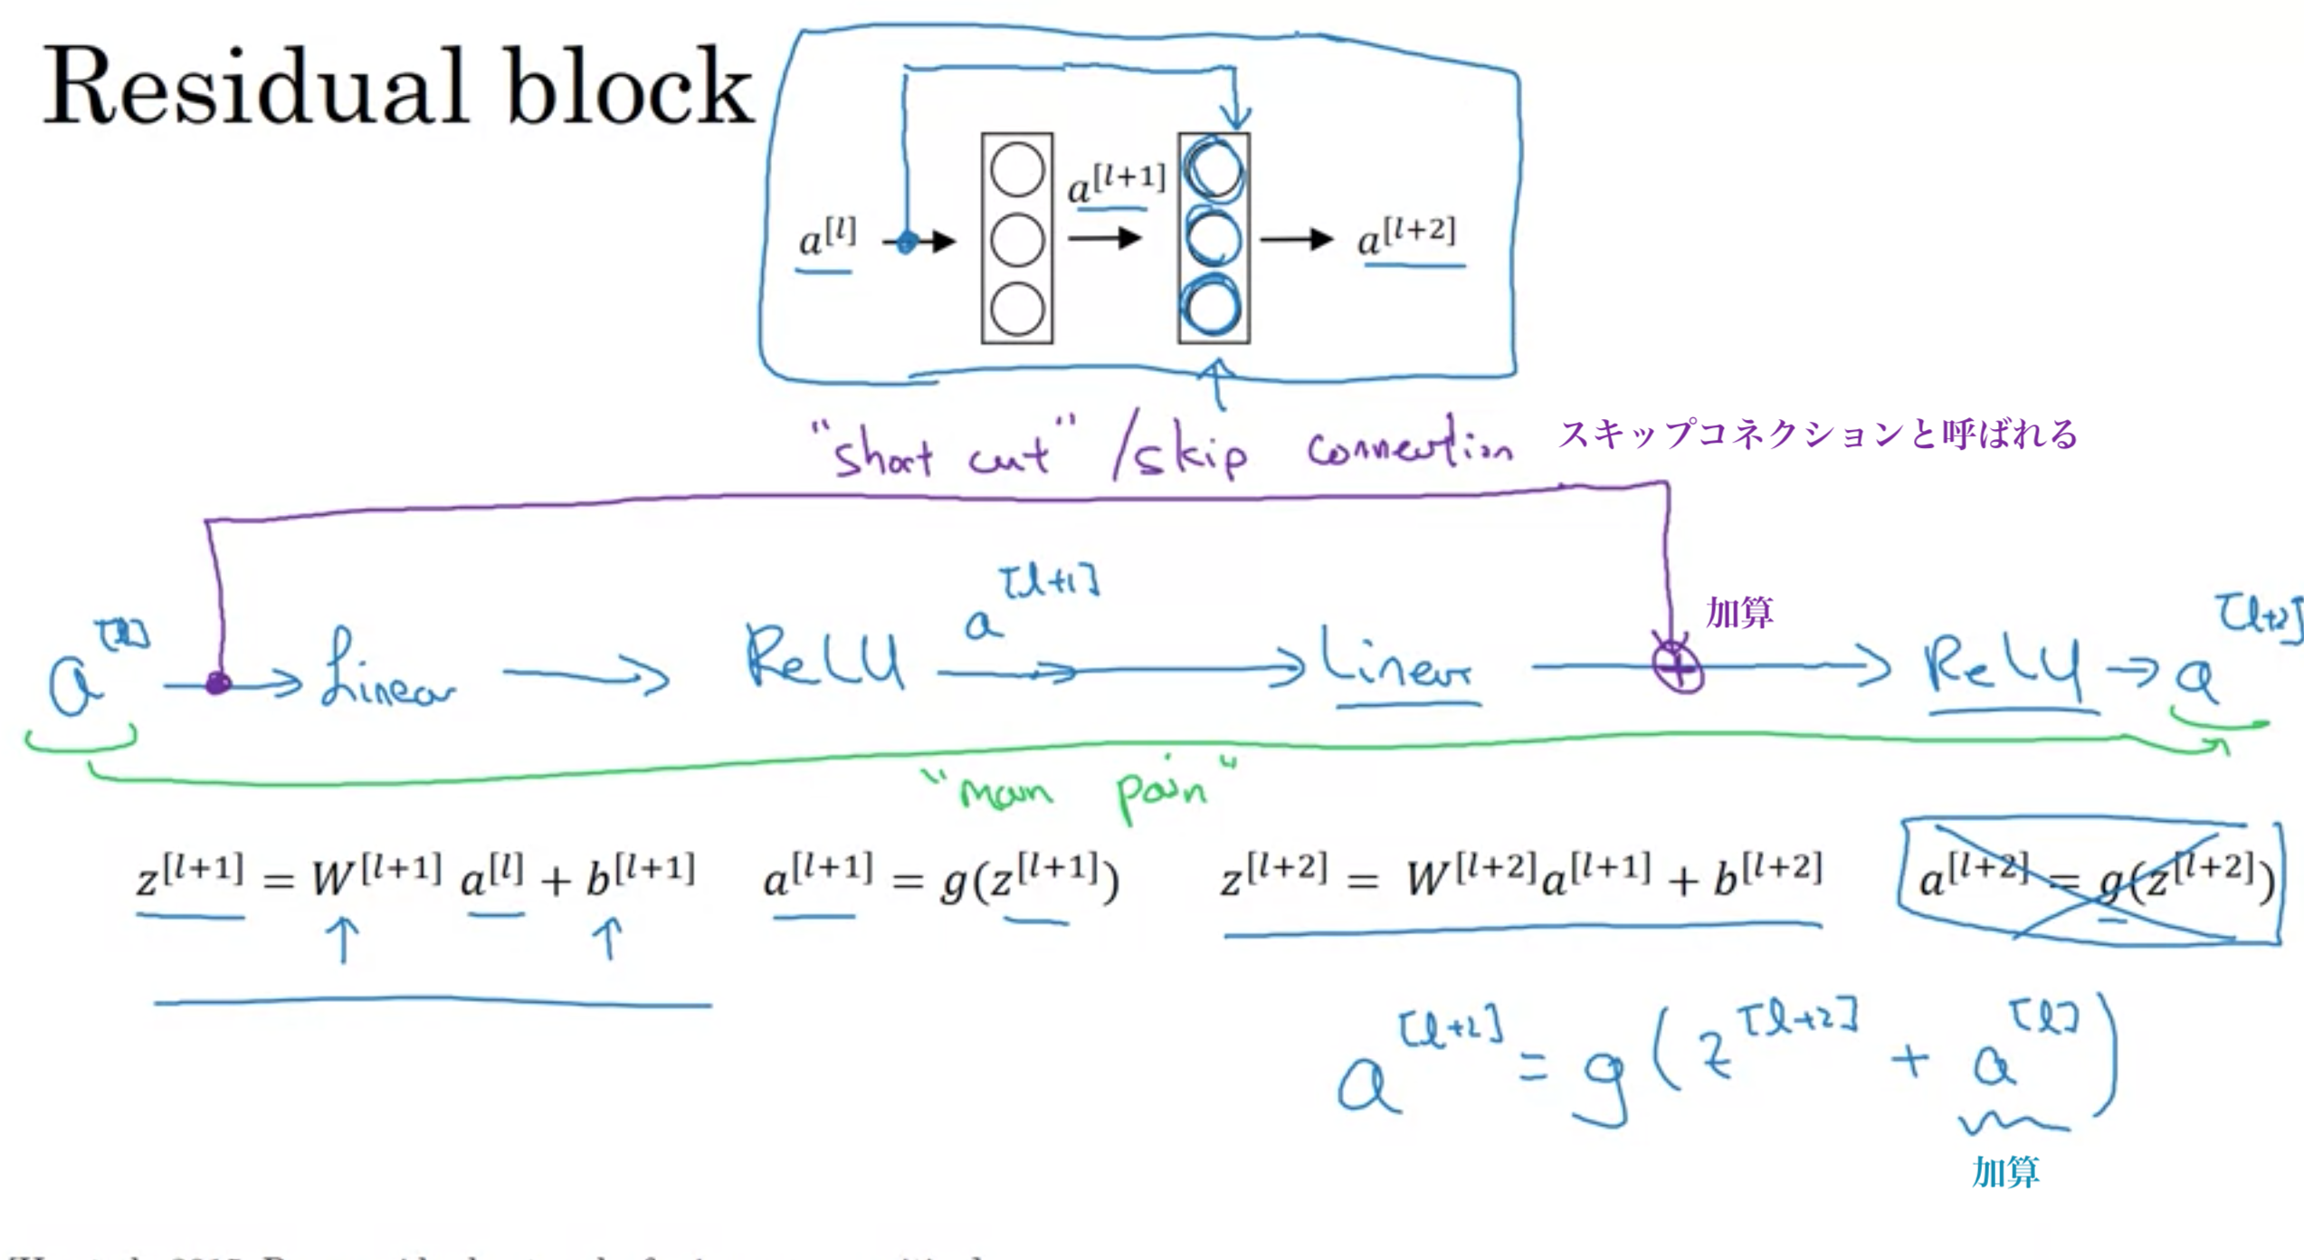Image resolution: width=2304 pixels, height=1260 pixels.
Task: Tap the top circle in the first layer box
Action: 1017,170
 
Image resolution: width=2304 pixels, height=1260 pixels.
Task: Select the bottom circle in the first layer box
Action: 1017,308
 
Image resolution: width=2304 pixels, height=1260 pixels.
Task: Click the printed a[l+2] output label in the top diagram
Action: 1407,237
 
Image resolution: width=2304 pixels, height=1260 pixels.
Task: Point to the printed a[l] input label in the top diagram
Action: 826,239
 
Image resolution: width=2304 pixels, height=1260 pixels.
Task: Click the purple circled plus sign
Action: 1678,668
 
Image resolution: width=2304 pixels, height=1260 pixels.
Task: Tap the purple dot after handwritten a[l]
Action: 218,682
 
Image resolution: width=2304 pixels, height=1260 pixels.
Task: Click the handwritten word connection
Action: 1408,447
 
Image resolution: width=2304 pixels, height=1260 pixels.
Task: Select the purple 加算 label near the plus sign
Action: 1739,613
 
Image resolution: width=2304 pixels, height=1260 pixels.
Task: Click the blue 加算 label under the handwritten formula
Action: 2005,1171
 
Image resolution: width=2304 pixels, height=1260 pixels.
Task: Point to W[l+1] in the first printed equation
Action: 376,874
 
